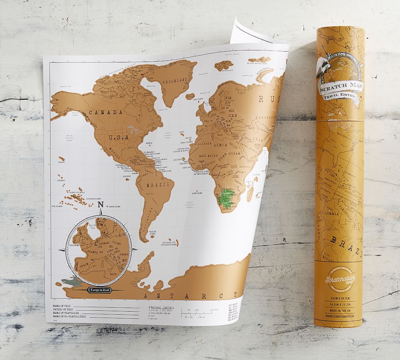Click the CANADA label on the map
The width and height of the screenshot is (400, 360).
pos(105,112)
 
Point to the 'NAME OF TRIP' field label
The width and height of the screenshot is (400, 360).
pos(60,305)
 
